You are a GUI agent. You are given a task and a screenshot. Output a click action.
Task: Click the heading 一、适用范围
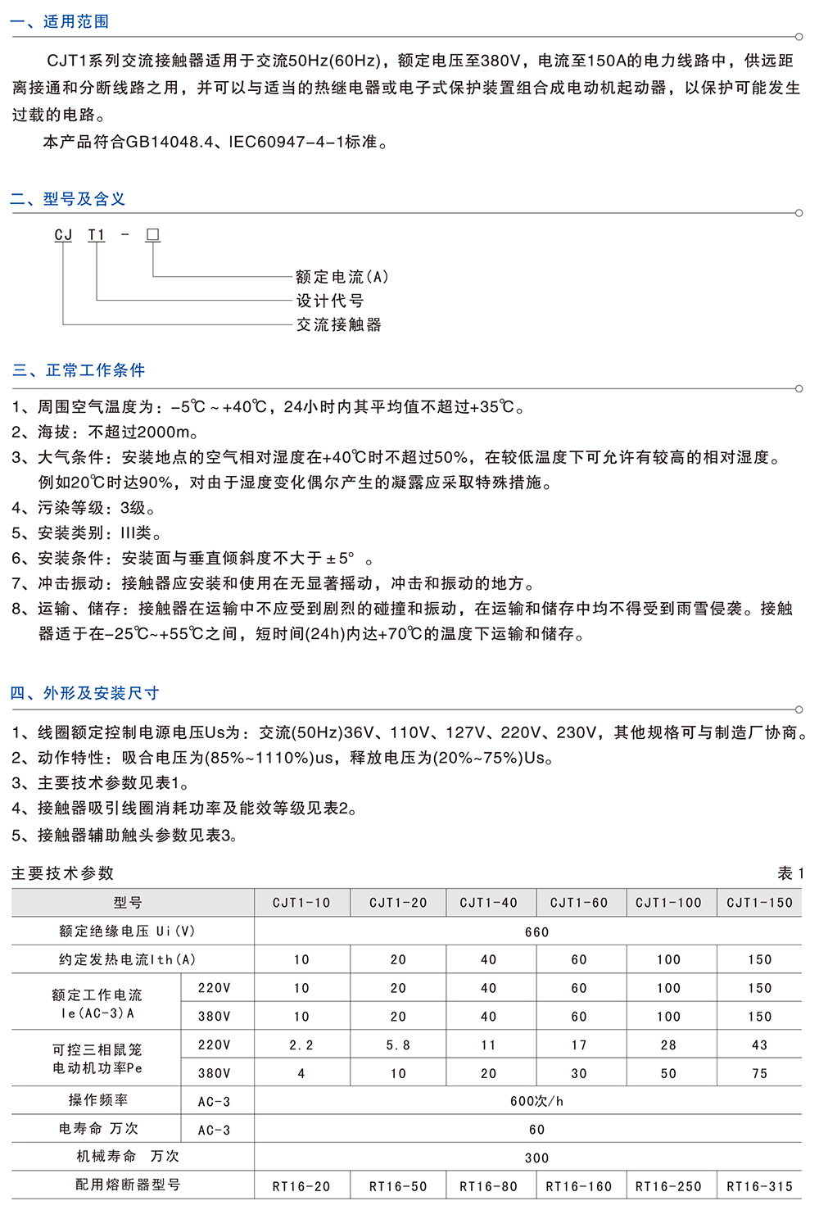(60, 21)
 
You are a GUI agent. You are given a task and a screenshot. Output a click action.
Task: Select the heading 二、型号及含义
(68, 199)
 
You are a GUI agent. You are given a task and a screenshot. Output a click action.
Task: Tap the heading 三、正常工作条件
(79, 370)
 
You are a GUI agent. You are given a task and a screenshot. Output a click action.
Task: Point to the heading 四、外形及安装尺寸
(84, 693)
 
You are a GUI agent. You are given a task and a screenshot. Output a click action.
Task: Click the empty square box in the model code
(152, 235)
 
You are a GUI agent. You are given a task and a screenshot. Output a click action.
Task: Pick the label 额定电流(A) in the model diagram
(342, 277)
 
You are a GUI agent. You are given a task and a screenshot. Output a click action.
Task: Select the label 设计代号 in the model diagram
(329, 301)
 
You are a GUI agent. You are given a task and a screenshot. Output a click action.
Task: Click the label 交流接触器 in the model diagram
(338, 324)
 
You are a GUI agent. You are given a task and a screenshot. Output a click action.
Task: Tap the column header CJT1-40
(488, 903)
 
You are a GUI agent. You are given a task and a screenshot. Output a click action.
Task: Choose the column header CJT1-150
(759, 903)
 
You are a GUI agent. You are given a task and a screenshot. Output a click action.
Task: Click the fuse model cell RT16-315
(759, 1186)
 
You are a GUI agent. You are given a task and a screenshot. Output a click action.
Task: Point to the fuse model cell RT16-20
(301, 1186)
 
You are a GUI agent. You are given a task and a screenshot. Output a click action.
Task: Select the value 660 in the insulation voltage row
(536, 932)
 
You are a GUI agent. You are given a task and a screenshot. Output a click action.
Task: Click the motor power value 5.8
(398, 1045)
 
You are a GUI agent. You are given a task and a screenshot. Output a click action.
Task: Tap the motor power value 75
(759, 1073)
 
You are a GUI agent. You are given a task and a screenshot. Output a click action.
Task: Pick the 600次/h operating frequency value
(536, 1102)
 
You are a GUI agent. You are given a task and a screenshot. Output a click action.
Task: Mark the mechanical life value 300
(536, 1158)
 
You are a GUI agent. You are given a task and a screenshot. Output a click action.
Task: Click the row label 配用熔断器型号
(128, 1185)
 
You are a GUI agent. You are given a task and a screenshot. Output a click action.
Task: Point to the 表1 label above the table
(790, 873)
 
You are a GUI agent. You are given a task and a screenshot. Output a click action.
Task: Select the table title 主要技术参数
(62, 873)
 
